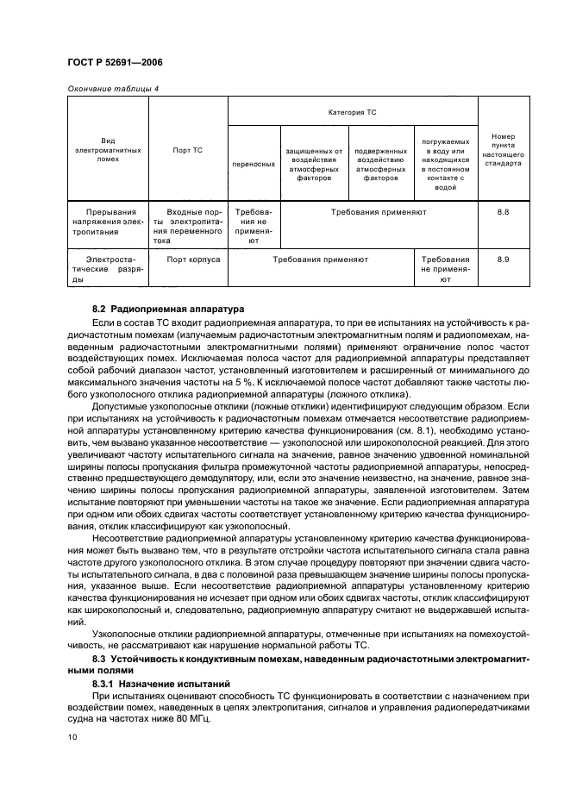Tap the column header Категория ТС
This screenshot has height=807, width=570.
(352, 112)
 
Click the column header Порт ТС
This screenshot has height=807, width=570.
(187, 150)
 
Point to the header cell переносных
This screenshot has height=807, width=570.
(254, 163)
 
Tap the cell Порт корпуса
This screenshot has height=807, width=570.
(193, 259)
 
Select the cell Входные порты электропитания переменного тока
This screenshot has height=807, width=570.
(187, 226)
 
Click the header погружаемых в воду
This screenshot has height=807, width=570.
(445, 163)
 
